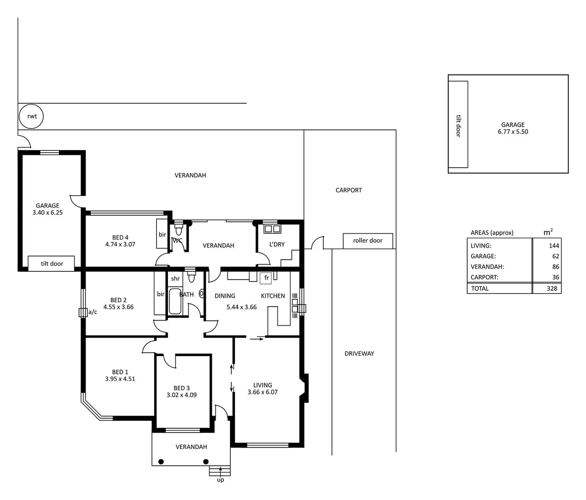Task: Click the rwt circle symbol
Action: (x=31, y=116)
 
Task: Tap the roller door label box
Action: (x=368, y=241)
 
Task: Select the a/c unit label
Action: (x=93, y=312)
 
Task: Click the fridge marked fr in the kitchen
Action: (x=266, y=278)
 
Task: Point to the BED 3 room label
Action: (x=181, y=388)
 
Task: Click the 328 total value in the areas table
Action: (x=551, y=288)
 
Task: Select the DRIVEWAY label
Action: (x=359, y=353)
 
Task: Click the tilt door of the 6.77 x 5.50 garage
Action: (x=458, y=125)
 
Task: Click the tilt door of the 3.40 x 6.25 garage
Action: (x=51, y=263)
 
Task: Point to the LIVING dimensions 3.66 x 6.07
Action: (x=262, y=392)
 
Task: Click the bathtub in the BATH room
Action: (x=175, y=301)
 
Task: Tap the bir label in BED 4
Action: (x=162, y=235)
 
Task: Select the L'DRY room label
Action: (x=277, y=244)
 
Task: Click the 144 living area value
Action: (x=554, y=246)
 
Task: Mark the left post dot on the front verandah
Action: (x=161, y=461)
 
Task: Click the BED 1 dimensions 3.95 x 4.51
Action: (x=120, y=379)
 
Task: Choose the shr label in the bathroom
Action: (x=175, y=279)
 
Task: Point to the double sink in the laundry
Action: (x=272, y=229)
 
